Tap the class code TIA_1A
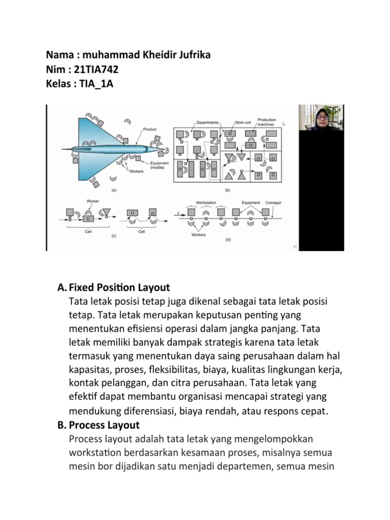tap(96, 83)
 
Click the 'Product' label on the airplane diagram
tap(149, 129)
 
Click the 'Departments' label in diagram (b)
tap(207, 122)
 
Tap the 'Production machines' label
tap(267, 122)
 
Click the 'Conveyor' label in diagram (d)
tap(273, 203)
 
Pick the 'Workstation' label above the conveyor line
tap(206, 203)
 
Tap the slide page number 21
tap(295, 247)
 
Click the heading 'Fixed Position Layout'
tap(119, 287)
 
